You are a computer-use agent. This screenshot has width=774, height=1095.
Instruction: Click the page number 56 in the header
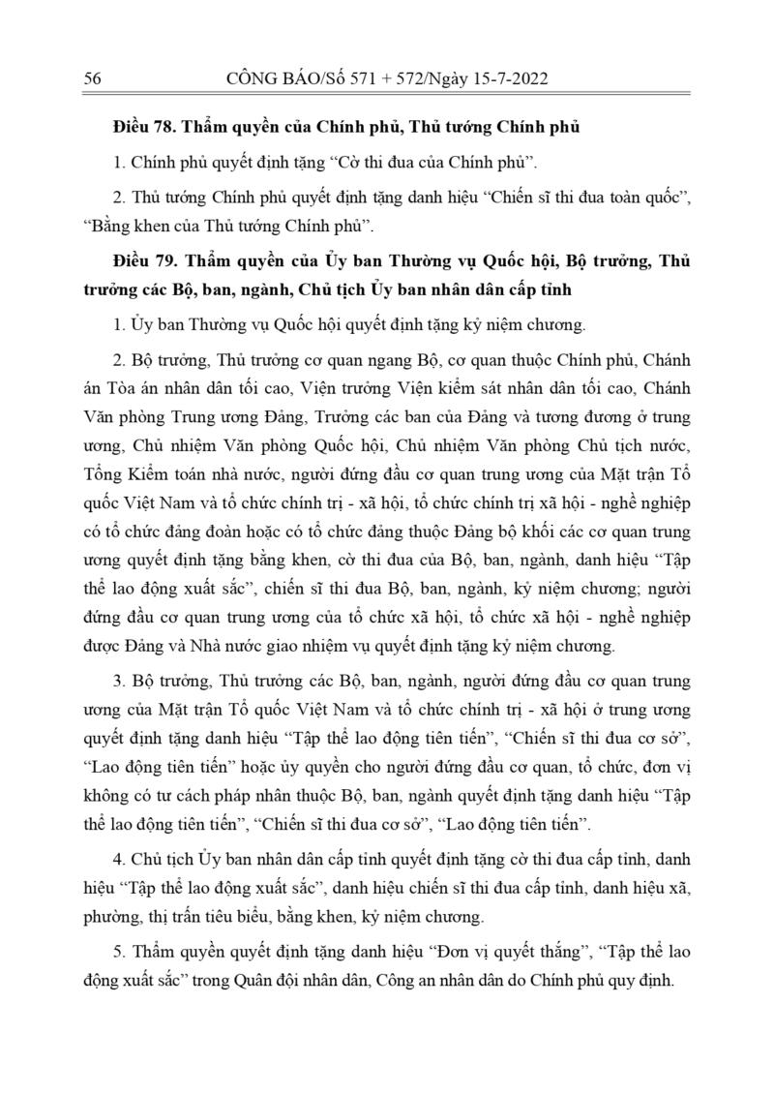click(x=94, y=79)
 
